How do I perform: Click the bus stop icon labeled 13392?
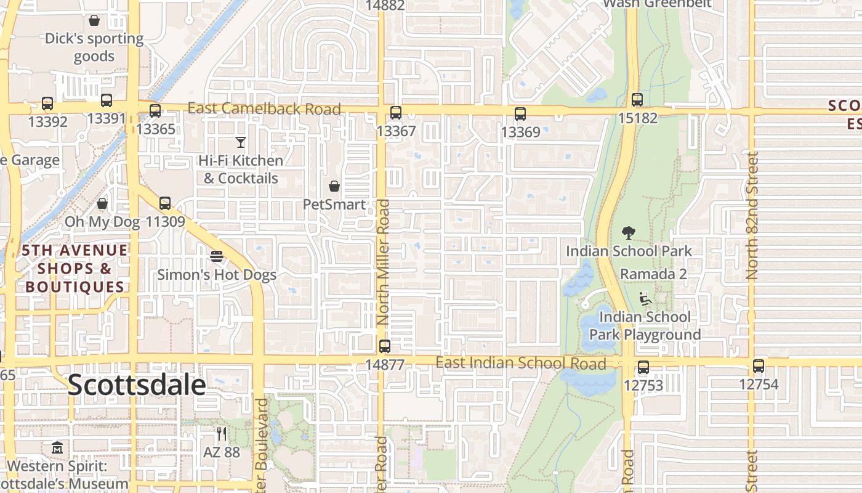(47, 104)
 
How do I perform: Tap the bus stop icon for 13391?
(107, 100)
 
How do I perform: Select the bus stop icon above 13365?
(155, 111)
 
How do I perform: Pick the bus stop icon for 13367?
(396, 113)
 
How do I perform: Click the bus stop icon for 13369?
(520, 114)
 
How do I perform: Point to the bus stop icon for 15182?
(637, 99)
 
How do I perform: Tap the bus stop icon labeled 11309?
(165, 203)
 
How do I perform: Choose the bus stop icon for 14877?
(385, 346)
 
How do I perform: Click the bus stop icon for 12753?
(643, 367)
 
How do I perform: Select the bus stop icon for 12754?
(759, 366)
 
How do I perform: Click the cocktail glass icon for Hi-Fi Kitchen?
(241, 142)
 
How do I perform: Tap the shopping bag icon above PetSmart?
(334, 186)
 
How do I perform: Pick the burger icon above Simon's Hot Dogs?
(217, 256)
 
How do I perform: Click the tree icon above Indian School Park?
(629, 233)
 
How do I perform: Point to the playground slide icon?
(645, 299)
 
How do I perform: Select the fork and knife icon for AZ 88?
(222, 434)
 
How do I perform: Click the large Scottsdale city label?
(137, 385)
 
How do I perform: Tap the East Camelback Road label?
(264, 109)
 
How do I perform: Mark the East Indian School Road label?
(521, 363)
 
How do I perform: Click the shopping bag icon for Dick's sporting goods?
(94, 20)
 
